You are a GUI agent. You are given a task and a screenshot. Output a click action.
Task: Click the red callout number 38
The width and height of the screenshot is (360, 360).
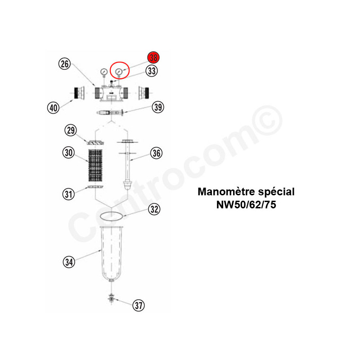[x=153, y=58]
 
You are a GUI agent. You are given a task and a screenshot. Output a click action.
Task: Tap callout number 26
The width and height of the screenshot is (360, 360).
[x=64, y=63]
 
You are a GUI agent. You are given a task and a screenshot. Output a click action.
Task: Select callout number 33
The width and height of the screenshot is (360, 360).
[x=152, y=71]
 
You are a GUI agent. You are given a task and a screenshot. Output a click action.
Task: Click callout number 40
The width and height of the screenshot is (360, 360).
[x=53, y=108]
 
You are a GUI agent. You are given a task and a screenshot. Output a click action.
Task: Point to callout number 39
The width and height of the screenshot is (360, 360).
[x=158, y=107]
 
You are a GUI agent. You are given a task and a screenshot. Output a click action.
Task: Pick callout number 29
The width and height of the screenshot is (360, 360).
[x=71, y=130]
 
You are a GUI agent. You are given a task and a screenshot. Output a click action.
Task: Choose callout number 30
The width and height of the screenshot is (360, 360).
[x=69, y=153]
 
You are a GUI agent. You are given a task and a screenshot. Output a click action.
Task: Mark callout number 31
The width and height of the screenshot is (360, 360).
[x=69, y=194]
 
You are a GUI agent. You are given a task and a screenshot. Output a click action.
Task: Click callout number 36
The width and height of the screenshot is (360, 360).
[x=156, y=153]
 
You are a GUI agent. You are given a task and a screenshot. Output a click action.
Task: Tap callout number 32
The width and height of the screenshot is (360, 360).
[x=154, y=209]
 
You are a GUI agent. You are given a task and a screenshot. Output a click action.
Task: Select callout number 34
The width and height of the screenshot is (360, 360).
[x=69, y=262]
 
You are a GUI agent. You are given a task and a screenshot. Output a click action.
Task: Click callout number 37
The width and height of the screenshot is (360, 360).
[x=139, y=306]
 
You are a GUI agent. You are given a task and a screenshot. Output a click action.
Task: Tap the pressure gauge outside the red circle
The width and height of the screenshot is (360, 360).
[x=104, y=73]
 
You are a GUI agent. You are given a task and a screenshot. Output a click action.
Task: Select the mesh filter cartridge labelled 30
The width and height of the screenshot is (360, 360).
[x=95, y=165]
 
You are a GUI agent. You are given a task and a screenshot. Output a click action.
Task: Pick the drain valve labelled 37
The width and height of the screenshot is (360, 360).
[x=111, y=298]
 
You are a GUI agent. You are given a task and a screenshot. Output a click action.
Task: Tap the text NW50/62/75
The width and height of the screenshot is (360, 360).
[x=246, y=205]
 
